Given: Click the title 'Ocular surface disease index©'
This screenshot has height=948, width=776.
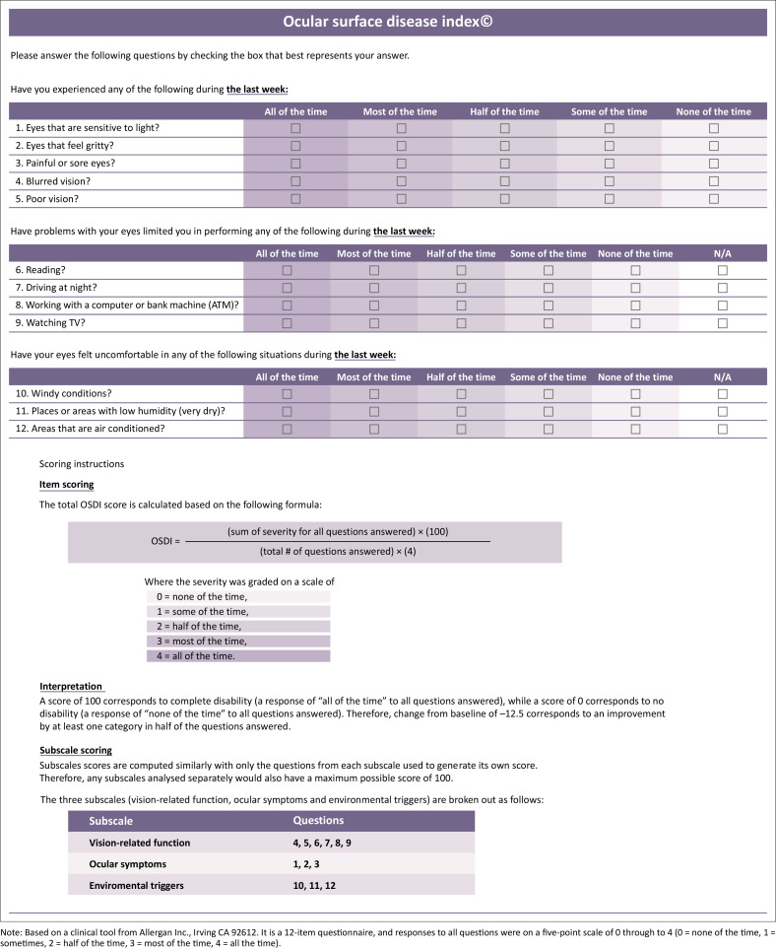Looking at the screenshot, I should pos(388,21).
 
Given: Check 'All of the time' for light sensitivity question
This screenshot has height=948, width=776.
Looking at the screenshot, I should pos(295,128).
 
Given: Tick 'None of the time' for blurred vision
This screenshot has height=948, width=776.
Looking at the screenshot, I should pos(714,181).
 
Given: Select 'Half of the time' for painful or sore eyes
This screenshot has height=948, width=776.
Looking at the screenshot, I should pos(504,164).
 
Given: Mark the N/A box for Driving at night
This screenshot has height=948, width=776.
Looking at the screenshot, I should pos(723,288).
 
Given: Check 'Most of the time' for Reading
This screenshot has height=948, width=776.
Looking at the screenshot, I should pos(373,270).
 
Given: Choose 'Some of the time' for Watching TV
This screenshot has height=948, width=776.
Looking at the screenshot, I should pos(548,323).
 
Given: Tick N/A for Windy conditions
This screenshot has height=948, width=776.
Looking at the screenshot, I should pos(723,394).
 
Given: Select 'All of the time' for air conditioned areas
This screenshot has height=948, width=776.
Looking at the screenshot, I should pos(288,430).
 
